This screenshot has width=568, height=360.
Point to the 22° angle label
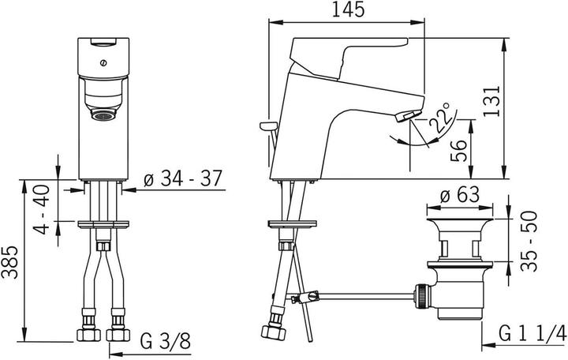[x=439, y=118]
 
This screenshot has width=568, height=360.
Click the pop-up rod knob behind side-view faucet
[x=267, y=127]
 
